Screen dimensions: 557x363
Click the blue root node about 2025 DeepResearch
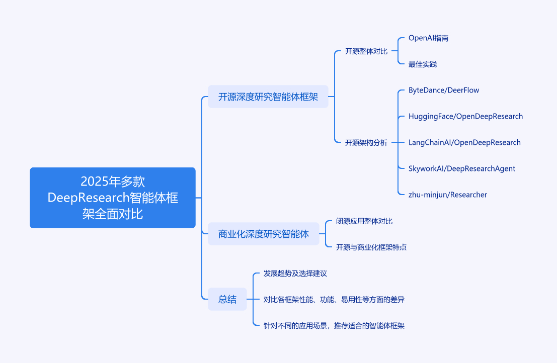[113, 198]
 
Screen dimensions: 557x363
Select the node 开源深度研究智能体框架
[268, 97]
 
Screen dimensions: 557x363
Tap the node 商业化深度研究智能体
[263, 234]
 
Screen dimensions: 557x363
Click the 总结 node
[227, 299]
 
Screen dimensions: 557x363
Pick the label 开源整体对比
[366, 51]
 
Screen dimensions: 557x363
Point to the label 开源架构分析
[366, 143]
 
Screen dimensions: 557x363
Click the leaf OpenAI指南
[428, 38]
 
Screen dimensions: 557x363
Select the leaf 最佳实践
[423, 64]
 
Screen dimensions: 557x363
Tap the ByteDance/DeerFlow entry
[444, 90]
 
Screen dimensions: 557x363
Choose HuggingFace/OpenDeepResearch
[466, 116]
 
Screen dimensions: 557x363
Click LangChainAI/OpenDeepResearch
[464, 143]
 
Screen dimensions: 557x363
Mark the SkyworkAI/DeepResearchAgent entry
[462, 168]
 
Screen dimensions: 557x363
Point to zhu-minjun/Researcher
[448, 195]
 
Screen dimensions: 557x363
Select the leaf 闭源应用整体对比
[364, 221]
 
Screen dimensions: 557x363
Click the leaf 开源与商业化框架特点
[371, 247]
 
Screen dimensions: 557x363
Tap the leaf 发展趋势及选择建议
[295, 273]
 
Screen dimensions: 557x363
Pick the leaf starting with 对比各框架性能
[334, 300]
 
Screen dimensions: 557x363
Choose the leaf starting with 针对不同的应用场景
[334, 326]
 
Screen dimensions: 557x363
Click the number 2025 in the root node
[95, 181]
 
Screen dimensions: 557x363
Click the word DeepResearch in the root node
[89, 198]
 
